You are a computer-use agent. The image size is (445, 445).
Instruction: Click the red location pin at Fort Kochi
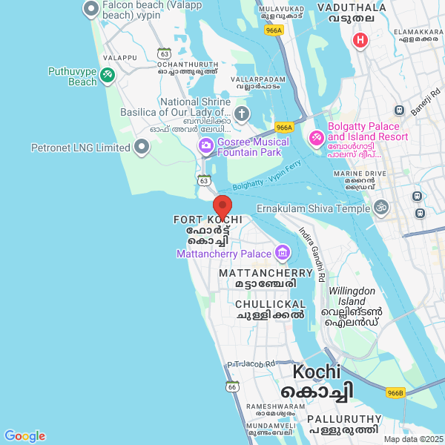(222, 205)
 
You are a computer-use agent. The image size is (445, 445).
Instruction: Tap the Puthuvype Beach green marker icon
(108, 74)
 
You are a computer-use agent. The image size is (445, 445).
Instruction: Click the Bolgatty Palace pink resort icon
(315, 137)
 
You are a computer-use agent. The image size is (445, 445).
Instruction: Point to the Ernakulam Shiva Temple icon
(381, 208)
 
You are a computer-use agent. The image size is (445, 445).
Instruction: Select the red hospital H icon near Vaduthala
(360, 39)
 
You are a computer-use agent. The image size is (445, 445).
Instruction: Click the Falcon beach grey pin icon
(91, 9)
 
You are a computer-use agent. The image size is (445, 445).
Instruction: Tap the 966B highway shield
(395, 392)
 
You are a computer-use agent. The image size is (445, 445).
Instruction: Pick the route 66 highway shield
(233, 386)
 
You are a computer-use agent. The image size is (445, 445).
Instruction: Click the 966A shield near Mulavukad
(274, 30)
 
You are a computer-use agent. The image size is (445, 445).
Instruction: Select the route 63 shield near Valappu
(164, 53)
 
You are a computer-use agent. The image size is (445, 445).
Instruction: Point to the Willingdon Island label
(354, 296)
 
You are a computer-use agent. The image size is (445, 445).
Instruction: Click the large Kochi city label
(317, 372)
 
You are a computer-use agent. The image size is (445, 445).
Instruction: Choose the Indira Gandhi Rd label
(311, 253)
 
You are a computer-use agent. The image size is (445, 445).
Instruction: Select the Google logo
(24, 436)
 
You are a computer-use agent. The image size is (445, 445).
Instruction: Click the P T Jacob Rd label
(251, 363)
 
